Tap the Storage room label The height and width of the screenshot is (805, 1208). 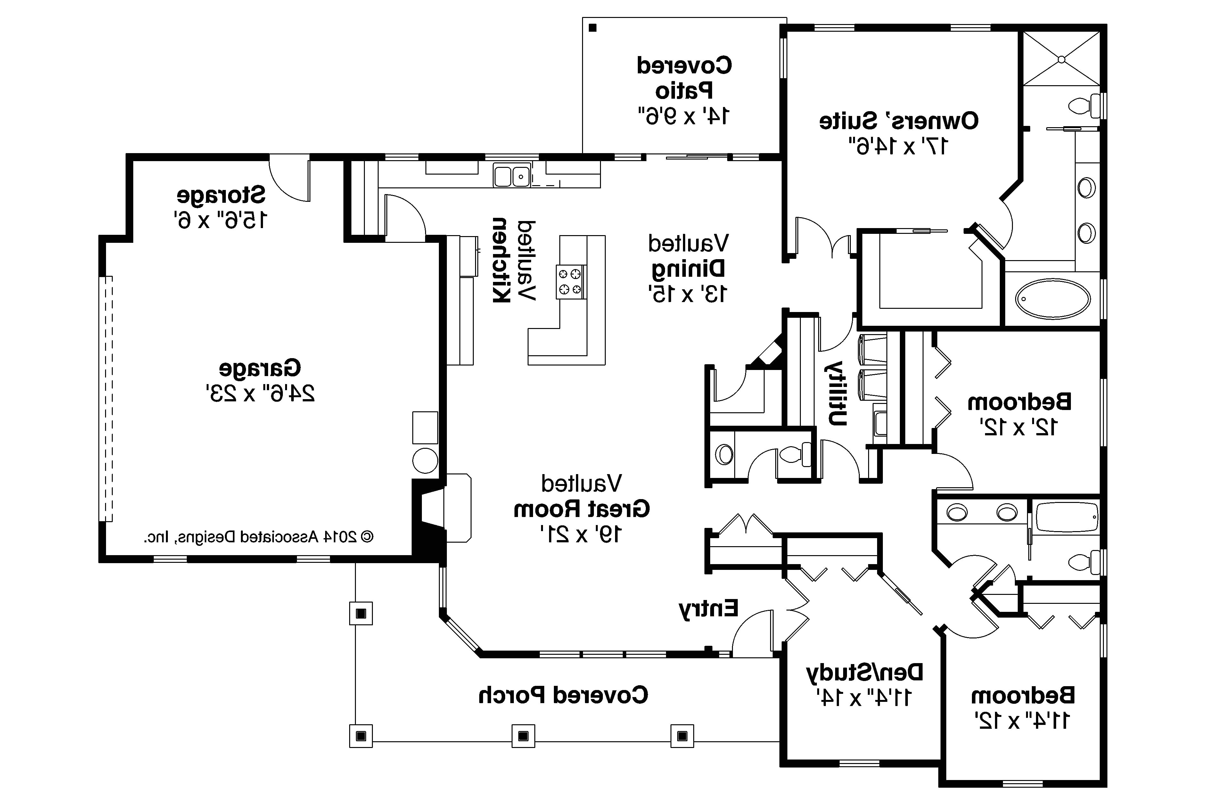point(221,195)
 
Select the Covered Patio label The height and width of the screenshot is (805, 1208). point(684,78)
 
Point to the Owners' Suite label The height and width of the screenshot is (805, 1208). point(899,121)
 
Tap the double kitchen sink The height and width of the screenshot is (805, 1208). point(512,175)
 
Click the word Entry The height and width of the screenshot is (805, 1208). point(709,608)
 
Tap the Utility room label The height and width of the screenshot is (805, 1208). point(836,394)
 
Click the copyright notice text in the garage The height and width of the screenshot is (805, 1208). point(258,537)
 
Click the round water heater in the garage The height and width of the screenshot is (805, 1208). point(425,460)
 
